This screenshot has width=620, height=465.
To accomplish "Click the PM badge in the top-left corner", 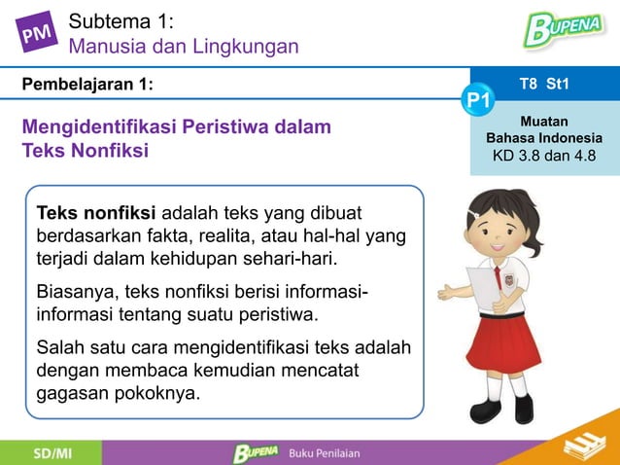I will (x=35, y=35).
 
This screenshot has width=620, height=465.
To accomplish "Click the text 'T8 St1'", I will (x=544, y=85).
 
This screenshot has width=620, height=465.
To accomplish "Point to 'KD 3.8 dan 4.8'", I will (x=544, y=157).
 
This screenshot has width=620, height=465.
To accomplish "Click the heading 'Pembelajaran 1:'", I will (x=87, y=85).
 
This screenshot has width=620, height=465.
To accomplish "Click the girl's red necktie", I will (x=500, y=277).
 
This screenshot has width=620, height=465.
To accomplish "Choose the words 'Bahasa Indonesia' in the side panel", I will (x=544, y=138).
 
